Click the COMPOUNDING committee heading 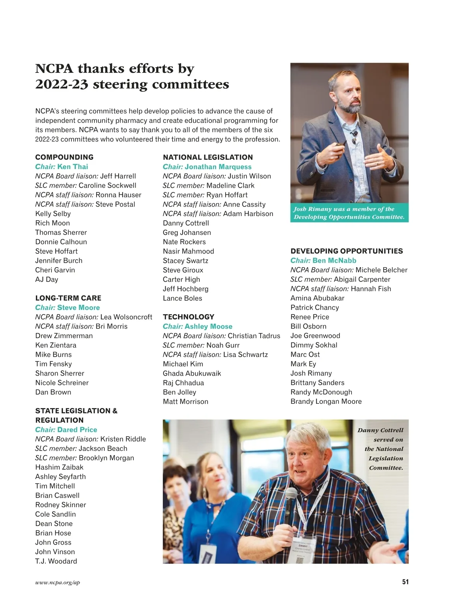pyautogui.click(x=64, y=157)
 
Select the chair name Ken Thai pyautogui.click(x=73, y=167)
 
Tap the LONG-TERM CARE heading pyautogui.click(x=68, y=298)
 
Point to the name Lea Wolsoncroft pyautogui.click(x=126, y=317)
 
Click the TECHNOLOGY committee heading pyautogui.click(x=189, y=317)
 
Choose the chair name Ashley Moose pyautogui.click(x=208, y=326)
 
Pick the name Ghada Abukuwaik pyautogui.click(x=192, y=373)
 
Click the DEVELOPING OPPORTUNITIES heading pyautogui.click(x=347, y=251)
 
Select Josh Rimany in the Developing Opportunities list pyautogui.click(x=311, y=373)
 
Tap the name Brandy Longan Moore pyautogui.click(x=326, y=402)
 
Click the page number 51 pyautogui.click(x=405, y=582)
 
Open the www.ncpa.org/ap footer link pyautogui.click(x=58, y=582)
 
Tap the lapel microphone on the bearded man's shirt pyautogui.click(x=355, y=134)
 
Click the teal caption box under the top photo pyautogui.click(x=349, y=213)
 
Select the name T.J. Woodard pyautogui.click(x=56, y=561)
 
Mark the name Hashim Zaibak pyautogui.click(x=59, y=467)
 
